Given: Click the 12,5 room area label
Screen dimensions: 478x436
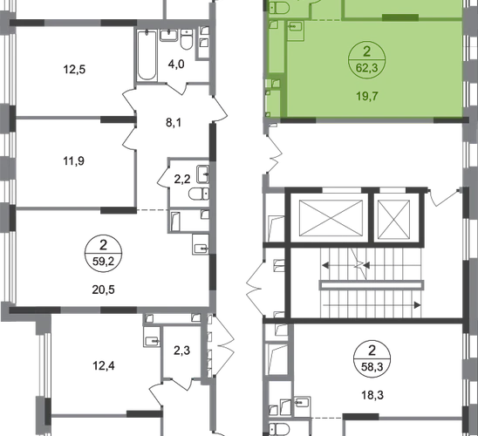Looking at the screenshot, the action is tap(74, 70).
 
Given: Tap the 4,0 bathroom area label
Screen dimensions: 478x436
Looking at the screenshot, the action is tap(176, 65).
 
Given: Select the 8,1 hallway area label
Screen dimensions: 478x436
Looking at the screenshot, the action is tap(174, 122).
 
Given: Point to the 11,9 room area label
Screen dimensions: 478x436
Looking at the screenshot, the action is tap(74, 160).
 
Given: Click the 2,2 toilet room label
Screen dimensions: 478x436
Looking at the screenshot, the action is tap(182, 179).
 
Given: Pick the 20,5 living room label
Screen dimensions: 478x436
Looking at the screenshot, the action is tap(103, 290).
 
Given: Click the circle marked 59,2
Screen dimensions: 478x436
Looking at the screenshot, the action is tap(103, 254).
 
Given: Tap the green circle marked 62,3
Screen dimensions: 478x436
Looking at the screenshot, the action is tap(366, 59).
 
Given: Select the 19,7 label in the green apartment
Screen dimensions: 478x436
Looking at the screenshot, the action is tap(367, 96).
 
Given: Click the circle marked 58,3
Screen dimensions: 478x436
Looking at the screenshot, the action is tap(372, 359).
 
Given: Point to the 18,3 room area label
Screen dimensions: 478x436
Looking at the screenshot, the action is tap(372, 395).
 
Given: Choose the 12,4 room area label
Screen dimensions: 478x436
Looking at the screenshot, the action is tap(104, 365).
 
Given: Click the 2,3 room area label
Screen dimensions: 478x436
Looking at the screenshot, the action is tap(182, 351).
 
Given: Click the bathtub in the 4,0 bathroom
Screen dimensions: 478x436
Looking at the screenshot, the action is tap(147, 55).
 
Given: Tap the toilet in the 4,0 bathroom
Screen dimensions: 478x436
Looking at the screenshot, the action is tap(187, 38).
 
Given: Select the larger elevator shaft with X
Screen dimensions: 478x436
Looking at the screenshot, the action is tap(331, 218).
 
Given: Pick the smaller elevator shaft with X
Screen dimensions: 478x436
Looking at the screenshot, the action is tap(393, 219).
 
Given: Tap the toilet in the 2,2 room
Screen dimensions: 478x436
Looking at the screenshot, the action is tap(199, 194).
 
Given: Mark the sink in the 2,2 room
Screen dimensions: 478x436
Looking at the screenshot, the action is tap(202, 174).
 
